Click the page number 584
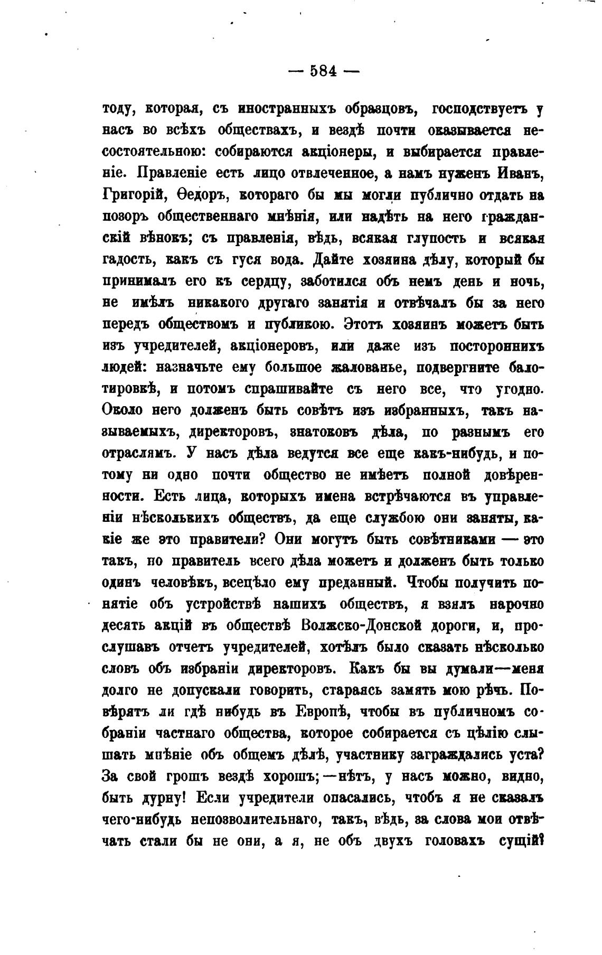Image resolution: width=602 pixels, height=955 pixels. pyautogui.click(x=323, y=71)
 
